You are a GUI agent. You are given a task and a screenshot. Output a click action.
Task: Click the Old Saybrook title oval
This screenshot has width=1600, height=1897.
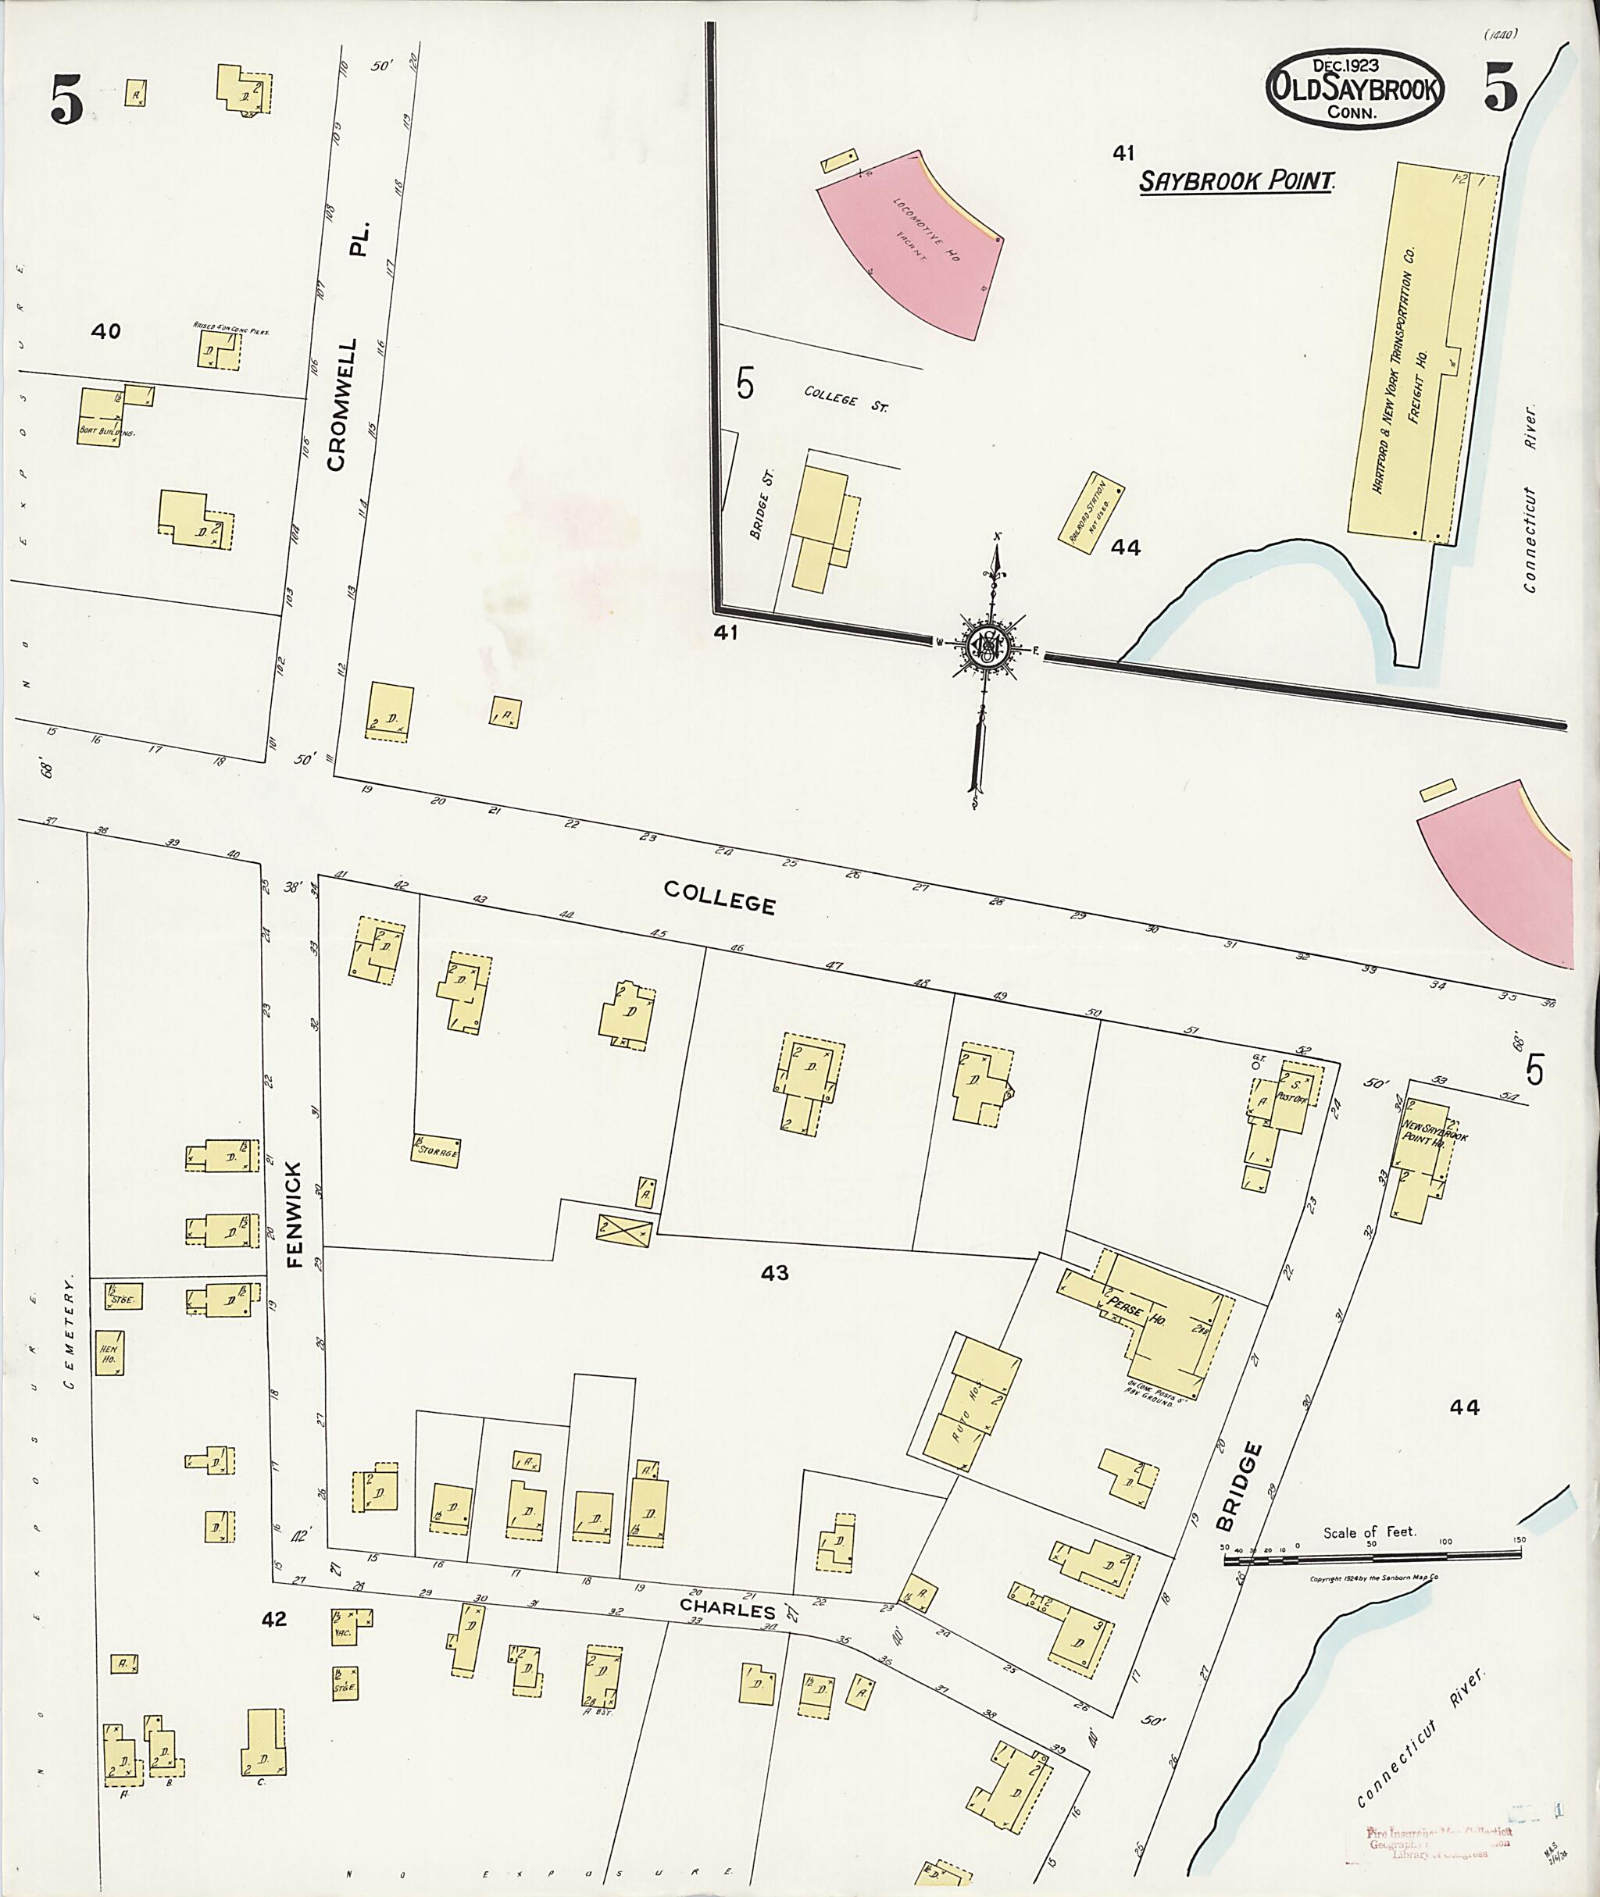[x=1355, y=95]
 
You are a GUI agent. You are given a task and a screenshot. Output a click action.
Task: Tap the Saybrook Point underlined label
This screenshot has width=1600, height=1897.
[x=1237, y=181]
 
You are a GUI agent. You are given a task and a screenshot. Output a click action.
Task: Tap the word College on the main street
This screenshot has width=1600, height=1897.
[x=720, y=897]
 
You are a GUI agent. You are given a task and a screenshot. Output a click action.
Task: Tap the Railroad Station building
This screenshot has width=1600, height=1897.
[x=1092, y=507]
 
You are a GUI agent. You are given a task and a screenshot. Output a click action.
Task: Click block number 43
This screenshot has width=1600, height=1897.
[x=773, y=1273]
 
